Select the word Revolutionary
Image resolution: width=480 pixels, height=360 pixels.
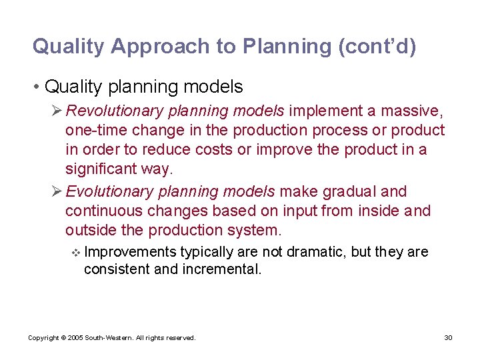(109, 111)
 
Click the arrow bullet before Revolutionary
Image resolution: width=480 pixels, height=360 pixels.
(57, 111)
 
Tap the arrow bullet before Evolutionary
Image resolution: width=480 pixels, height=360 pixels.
(57, 192)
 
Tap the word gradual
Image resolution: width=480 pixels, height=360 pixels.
(348, 192)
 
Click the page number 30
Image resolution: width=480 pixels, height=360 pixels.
(448, 338)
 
